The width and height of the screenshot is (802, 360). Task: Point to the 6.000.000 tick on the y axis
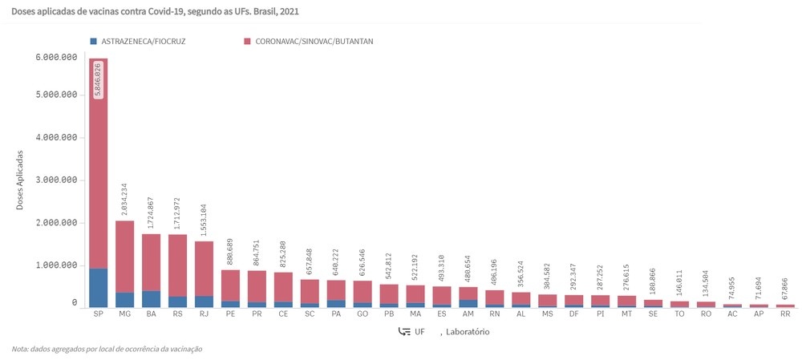[56, 58]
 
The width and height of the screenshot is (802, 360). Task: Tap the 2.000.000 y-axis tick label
[56, 223]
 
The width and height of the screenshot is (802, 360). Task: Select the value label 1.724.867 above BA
[152, 210]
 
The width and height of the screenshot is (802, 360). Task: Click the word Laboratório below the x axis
[468, 332]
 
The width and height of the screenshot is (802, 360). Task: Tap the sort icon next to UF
[404, 332]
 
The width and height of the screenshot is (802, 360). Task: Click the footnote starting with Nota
[107, 349]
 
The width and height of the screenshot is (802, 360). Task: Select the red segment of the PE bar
[231, 285]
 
